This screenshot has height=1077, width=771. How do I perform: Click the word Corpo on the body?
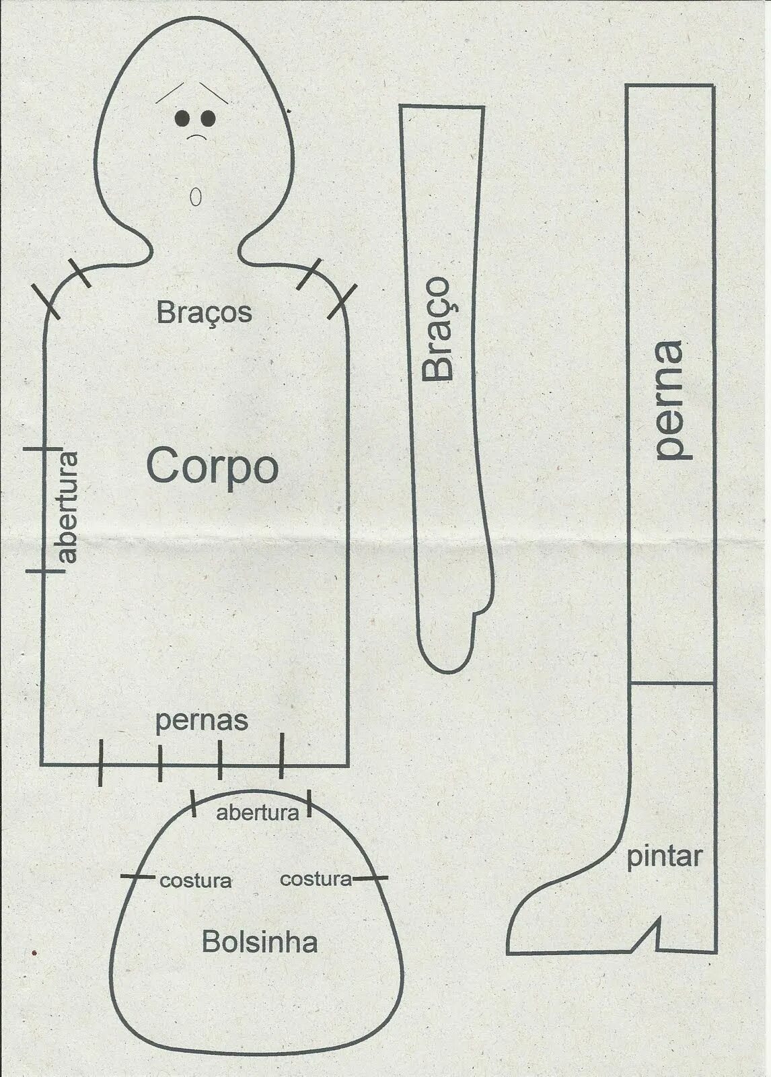pyautogui.click(x=212, y=466)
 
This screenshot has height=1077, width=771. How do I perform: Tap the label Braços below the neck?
pyautogui.click(x=204, y=312)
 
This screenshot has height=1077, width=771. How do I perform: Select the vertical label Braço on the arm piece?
pyautogui.click(x=437, y=329)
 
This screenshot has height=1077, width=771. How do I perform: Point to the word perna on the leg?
pyautogui.click(x=670, y=400)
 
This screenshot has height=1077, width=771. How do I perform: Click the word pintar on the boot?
pyautogui.click(x=664, y=857)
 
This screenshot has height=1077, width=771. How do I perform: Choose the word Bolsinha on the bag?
pyautogui.click(x=259, y=942)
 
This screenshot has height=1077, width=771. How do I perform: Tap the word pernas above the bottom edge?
pyautogui.click(x=202, y=721)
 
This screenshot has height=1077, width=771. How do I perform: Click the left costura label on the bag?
pyautogui.click(x=195, y=880)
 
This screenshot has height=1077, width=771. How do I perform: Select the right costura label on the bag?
pyautogui.click(x=316, y=878)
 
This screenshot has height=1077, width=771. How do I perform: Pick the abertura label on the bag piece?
pyautogui.click(x=257, y=813)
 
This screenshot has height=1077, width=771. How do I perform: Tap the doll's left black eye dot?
pyautogui.click(x=181, y=118)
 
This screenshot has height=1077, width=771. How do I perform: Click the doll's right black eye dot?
pyautogui.click(x=208, y=118)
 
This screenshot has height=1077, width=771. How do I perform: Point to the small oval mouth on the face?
pyautogui.click(x=196, y=196)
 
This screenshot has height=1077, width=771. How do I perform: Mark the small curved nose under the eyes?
pyautogui.click(x=196, y=137)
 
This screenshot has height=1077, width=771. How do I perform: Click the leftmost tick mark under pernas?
pyautogui.click(x=100, y=763)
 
